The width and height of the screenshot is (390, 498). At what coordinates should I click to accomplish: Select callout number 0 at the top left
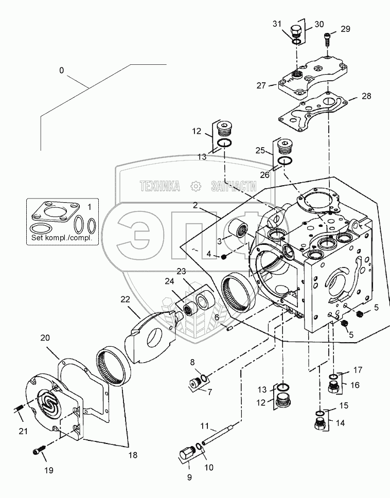(62, 70)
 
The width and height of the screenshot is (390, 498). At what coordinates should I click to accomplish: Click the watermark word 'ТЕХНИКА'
(159, 186)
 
